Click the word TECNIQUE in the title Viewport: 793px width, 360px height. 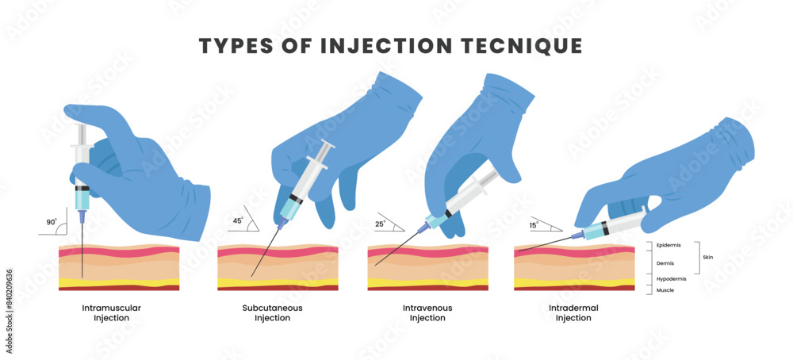517,46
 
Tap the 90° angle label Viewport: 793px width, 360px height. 51,223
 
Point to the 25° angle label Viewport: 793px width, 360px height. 380,224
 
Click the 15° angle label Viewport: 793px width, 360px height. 534,225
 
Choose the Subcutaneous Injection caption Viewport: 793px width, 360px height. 272,312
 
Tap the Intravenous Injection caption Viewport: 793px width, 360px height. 427,312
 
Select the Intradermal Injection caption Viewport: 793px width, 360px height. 573,312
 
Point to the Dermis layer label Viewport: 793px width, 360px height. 665,262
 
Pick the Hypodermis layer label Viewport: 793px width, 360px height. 670,279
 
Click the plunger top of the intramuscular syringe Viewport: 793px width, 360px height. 80,127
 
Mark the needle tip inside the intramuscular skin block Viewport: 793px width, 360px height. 82,277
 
